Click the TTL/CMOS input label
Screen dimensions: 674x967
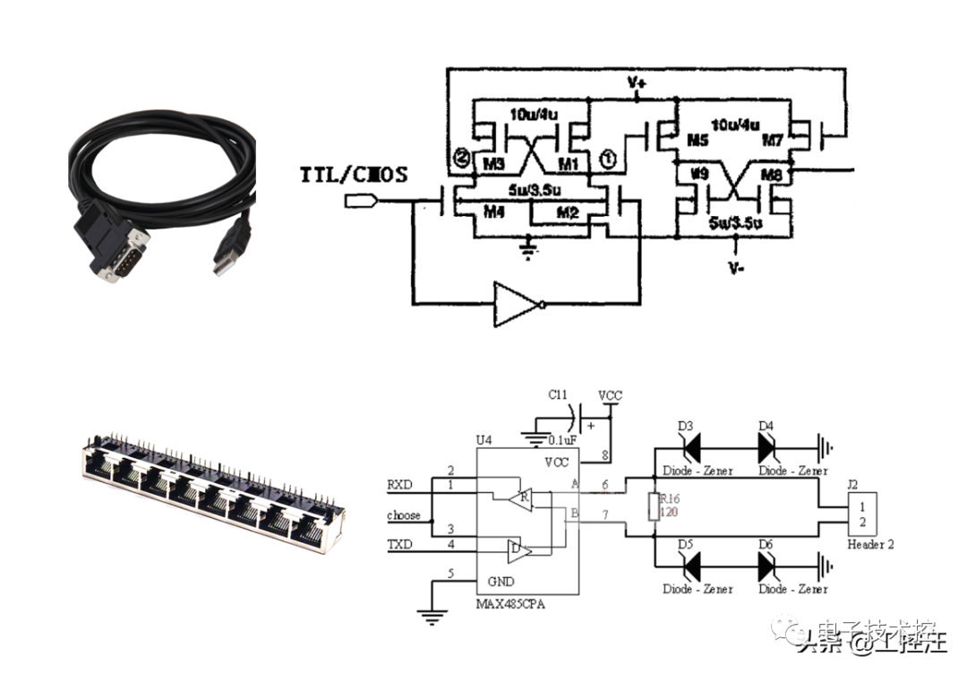353,174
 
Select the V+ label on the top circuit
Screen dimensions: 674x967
637,82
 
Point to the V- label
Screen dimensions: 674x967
736,266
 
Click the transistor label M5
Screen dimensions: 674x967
698,141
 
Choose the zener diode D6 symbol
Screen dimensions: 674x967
767,566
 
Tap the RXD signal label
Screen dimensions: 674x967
400,485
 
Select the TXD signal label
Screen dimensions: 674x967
400,544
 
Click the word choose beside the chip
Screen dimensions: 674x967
403,515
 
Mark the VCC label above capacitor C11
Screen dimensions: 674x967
610,394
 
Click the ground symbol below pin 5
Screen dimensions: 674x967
432,614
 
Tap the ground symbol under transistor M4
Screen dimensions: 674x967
529,246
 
